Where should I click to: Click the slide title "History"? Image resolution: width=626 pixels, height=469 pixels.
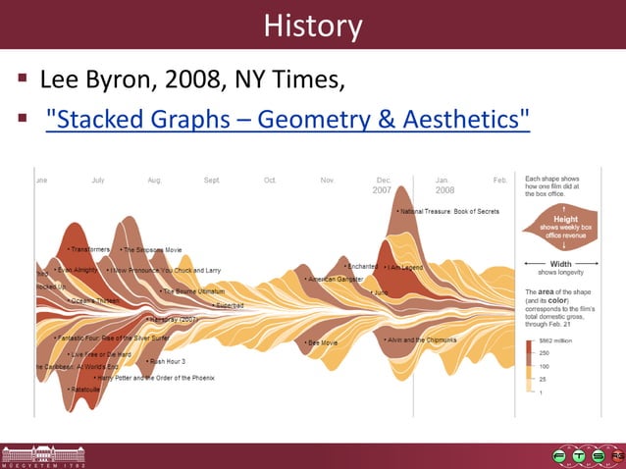point(313,26)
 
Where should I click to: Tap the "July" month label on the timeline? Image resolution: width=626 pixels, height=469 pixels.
point(98,181)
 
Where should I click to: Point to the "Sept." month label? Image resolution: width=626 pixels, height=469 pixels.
point(212,181)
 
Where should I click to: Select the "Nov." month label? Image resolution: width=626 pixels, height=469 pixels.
point(328,181)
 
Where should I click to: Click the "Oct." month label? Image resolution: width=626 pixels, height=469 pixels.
point(270,181)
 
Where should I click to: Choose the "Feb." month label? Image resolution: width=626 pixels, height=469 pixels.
point(500,181)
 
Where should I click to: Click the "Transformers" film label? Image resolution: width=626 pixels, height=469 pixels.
point(89,249)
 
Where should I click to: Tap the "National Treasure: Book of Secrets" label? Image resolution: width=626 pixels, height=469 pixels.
point(449,211)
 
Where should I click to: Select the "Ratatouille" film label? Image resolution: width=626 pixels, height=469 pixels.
point(84,389)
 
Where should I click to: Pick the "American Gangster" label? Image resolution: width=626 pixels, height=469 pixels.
point(335,279)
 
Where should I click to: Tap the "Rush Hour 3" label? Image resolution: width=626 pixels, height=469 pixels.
point(167,361)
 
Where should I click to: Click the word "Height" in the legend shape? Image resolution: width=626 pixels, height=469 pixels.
point(565,220)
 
